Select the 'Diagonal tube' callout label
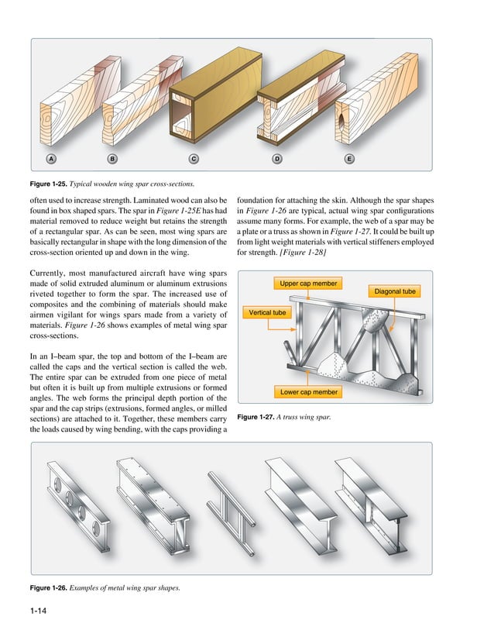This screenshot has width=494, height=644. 395,291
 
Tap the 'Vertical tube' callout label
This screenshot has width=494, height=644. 267,313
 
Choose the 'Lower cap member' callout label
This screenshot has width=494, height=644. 309,392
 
